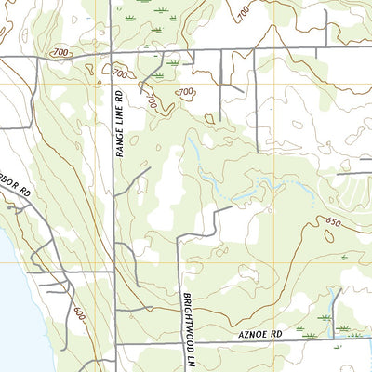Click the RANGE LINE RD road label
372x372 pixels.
pyautogui.click(x=119, y=124)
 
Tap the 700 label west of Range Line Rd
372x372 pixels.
pyautogui.click(x=61, y=53)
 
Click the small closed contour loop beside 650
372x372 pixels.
pyautogui.click(x=328, y=236)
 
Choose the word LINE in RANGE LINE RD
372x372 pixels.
pyautogui.click(x=119, y=125)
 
